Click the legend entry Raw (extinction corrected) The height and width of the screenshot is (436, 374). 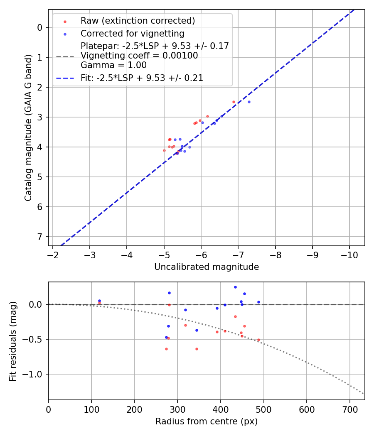(x=138, y=21)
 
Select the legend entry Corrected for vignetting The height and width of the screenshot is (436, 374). (x=132, y=33)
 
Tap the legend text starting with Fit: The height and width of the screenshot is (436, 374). (x=142, y=78)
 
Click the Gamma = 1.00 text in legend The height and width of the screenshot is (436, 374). (x=113, y=65)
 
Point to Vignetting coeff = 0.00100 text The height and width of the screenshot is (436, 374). (x=139, y=56)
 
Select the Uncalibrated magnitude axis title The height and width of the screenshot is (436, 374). (x=207, y=267)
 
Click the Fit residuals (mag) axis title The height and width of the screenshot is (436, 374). (x=13, y=341)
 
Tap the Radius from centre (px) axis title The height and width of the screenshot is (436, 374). (x=207, y=421)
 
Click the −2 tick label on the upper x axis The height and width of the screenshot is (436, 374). (x=53, y=254)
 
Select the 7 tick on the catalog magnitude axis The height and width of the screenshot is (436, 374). (x=40, y=237)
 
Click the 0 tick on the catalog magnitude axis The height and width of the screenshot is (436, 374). (x=40, y=27)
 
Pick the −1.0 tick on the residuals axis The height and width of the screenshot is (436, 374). (x=34, y=374)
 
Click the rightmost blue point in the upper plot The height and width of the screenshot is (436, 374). (x=249, y=102)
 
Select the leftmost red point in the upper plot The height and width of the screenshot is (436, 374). (x=164, y=150)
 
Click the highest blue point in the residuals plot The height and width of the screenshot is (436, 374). (x=235, y=287)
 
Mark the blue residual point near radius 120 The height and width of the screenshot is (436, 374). (x=99, y=301)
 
